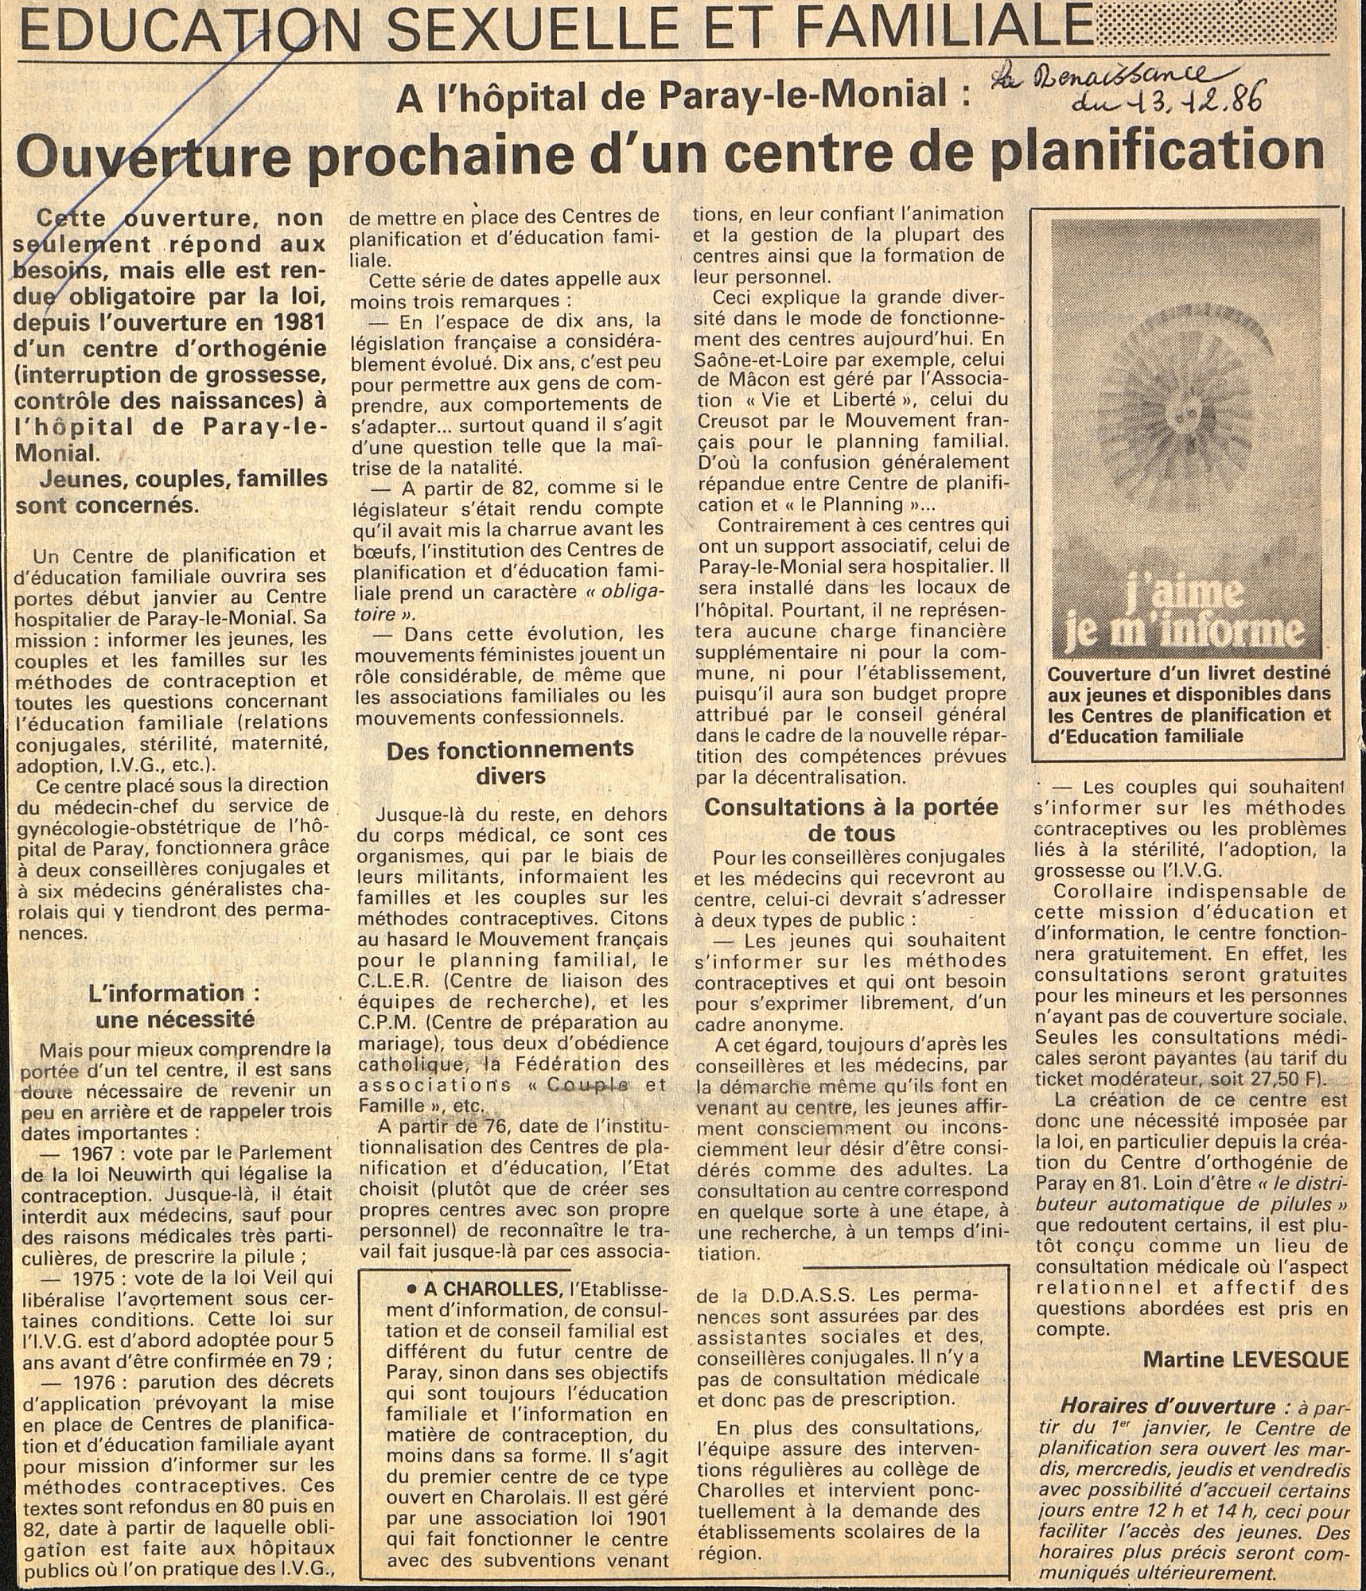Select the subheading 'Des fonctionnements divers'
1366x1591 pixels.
click(510, 761)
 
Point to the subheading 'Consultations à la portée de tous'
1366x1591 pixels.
click(850, 820)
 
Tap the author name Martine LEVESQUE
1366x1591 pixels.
click(1246, 1360)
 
